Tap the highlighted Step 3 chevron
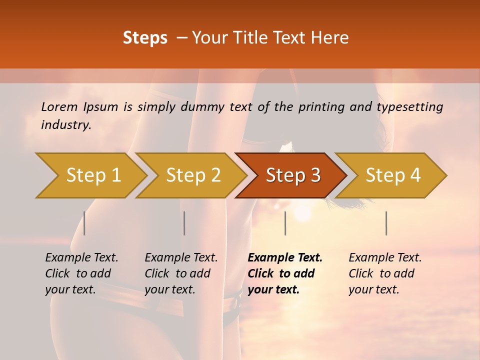coord(293,175)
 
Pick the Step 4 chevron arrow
coord(393,175)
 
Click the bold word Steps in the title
coord(145,38)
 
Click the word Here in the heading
coord(330,38)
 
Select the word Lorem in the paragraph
coord(59,106)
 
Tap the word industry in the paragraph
coord(65,125)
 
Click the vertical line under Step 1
coord(84,223)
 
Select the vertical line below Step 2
coord(184,223)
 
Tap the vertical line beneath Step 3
coord(285,223)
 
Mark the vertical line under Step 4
coord(386,223)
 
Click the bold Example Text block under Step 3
coord(285,273)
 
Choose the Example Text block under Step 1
coord(81,273)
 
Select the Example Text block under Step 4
coord(385,273)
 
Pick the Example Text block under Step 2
coord(181,273)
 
